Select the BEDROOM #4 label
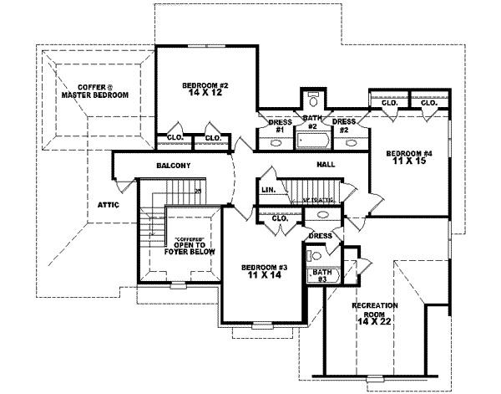tap(408, 154)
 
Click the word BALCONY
tap(174, 166)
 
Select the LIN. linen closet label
tap(268, 190)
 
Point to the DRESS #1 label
tap(281, 126)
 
